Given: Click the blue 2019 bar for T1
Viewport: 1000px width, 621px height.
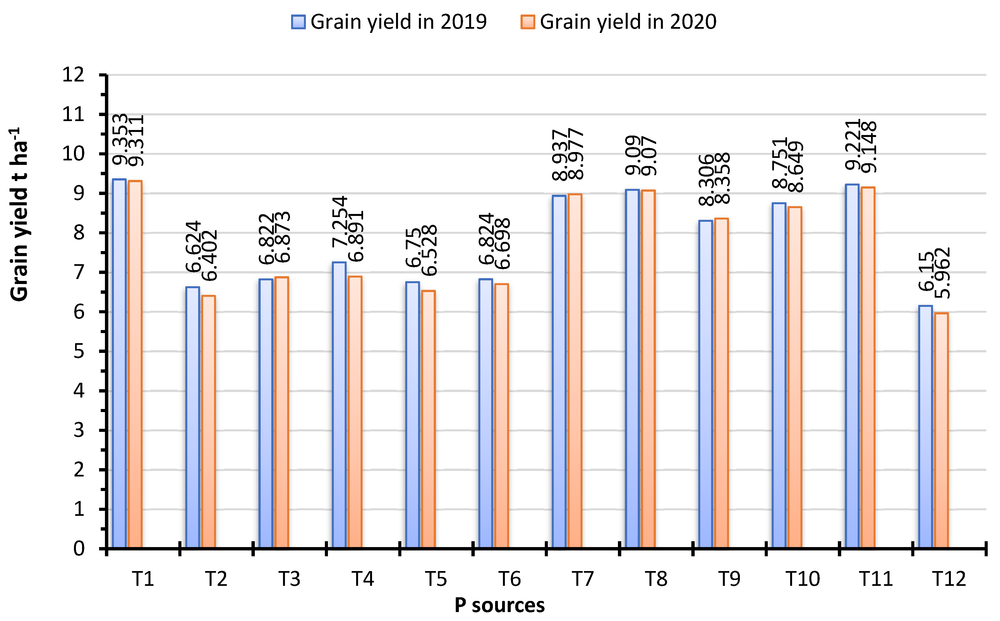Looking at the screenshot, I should (x=119, y=364).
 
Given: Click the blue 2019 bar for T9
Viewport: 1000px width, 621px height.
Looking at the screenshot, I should (x=706, y=384).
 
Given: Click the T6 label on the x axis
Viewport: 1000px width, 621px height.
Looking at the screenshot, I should (x=509, y=579).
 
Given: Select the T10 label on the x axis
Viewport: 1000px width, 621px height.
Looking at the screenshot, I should (x=802, y=579).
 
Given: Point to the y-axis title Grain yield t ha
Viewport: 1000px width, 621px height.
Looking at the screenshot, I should (x=18, y=214).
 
